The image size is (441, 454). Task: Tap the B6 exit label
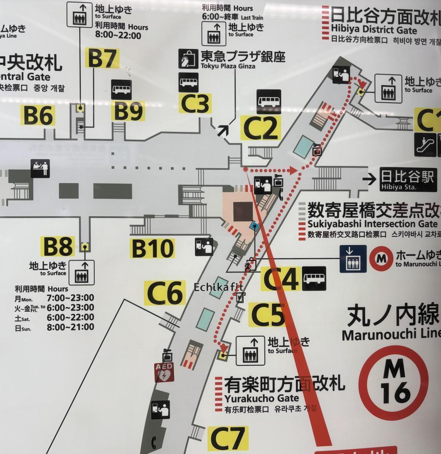click(x=38, y=115)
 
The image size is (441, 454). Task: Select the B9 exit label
click(x=128, y=111)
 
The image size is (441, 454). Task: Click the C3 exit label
click(x=195, y=103)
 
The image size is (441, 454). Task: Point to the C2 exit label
click(x=260, y=127)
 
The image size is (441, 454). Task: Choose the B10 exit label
click(x=152, y=248)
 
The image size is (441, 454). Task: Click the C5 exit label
click(x=267, y=315)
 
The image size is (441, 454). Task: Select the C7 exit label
click(x=227, y=439)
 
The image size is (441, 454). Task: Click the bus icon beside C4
click(x=314, y=278)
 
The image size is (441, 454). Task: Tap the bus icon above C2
click(x=269, y=101)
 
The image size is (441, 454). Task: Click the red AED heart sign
click(x=164, y=372)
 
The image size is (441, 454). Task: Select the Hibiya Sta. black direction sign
click(x=408, y=179)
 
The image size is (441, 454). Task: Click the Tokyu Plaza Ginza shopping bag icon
click(x=188, y=59)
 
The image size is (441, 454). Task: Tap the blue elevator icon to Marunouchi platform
click(x=353, y=259)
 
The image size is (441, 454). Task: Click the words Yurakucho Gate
click(x=261, y=398)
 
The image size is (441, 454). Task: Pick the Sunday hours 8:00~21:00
click(x=70, y=327)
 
